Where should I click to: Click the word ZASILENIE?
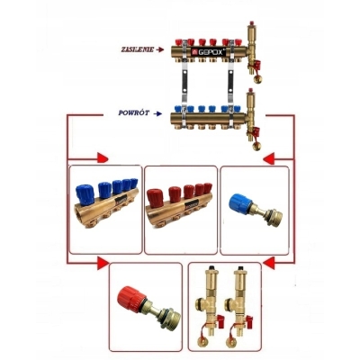tap(137, 49)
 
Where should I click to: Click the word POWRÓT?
tap(134, 113)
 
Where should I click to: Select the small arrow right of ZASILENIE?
tap(160, 49)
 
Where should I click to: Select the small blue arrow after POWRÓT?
tap(157, 113)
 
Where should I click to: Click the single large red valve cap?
tap(130, 298)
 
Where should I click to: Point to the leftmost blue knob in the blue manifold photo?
tap(85, 194)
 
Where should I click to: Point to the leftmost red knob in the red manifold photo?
tap(157, 198)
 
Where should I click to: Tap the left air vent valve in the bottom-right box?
tap(206, 303)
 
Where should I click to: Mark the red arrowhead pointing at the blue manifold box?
tap(103, 157)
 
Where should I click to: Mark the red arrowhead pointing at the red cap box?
tap(103, 263)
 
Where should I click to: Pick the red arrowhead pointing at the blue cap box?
tap(269, 158)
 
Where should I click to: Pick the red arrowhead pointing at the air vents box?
tap(268, 262)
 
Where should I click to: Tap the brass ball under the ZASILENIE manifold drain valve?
tap(257, 79)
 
